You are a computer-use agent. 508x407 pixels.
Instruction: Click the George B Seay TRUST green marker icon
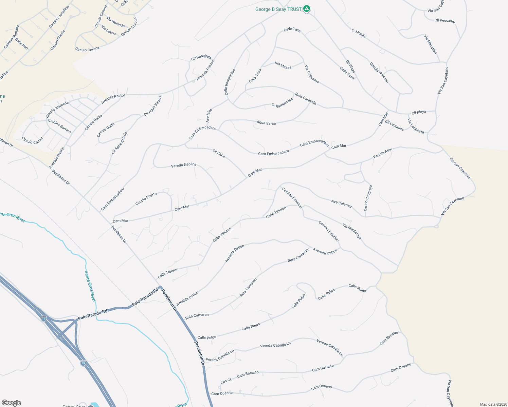[307, 9]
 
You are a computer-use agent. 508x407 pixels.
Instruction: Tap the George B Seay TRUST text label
[278, 9]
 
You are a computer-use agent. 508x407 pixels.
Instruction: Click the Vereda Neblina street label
[183, 165]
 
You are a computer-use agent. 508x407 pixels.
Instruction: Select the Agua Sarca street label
[266, 123]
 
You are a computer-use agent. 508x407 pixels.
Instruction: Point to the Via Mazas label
[283, 65]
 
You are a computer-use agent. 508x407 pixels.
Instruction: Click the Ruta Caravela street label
[306, 99]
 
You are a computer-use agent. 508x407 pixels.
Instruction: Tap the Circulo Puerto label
[146, 199]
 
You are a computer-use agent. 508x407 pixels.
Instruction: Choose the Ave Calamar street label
[342, 204]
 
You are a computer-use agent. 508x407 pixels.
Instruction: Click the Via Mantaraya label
[352, 232]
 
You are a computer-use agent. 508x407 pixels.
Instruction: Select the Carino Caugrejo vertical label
[368, 198]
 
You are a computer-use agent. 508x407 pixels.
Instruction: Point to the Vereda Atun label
[383, 154]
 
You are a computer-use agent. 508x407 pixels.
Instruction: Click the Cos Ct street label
[226, 381]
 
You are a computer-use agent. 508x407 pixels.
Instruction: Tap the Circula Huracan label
[379, 73]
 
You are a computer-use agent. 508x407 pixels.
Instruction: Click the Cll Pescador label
[445, 21]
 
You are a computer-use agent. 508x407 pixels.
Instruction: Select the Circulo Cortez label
[33, 140]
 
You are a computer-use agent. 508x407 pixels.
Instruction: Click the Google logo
[12, 403]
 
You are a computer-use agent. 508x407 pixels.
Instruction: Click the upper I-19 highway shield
[44, 318]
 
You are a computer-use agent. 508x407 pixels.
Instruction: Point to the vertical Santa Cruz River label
[90, 286]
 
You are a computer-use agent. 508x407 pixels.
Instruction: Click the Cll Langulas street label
[394, 125]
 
